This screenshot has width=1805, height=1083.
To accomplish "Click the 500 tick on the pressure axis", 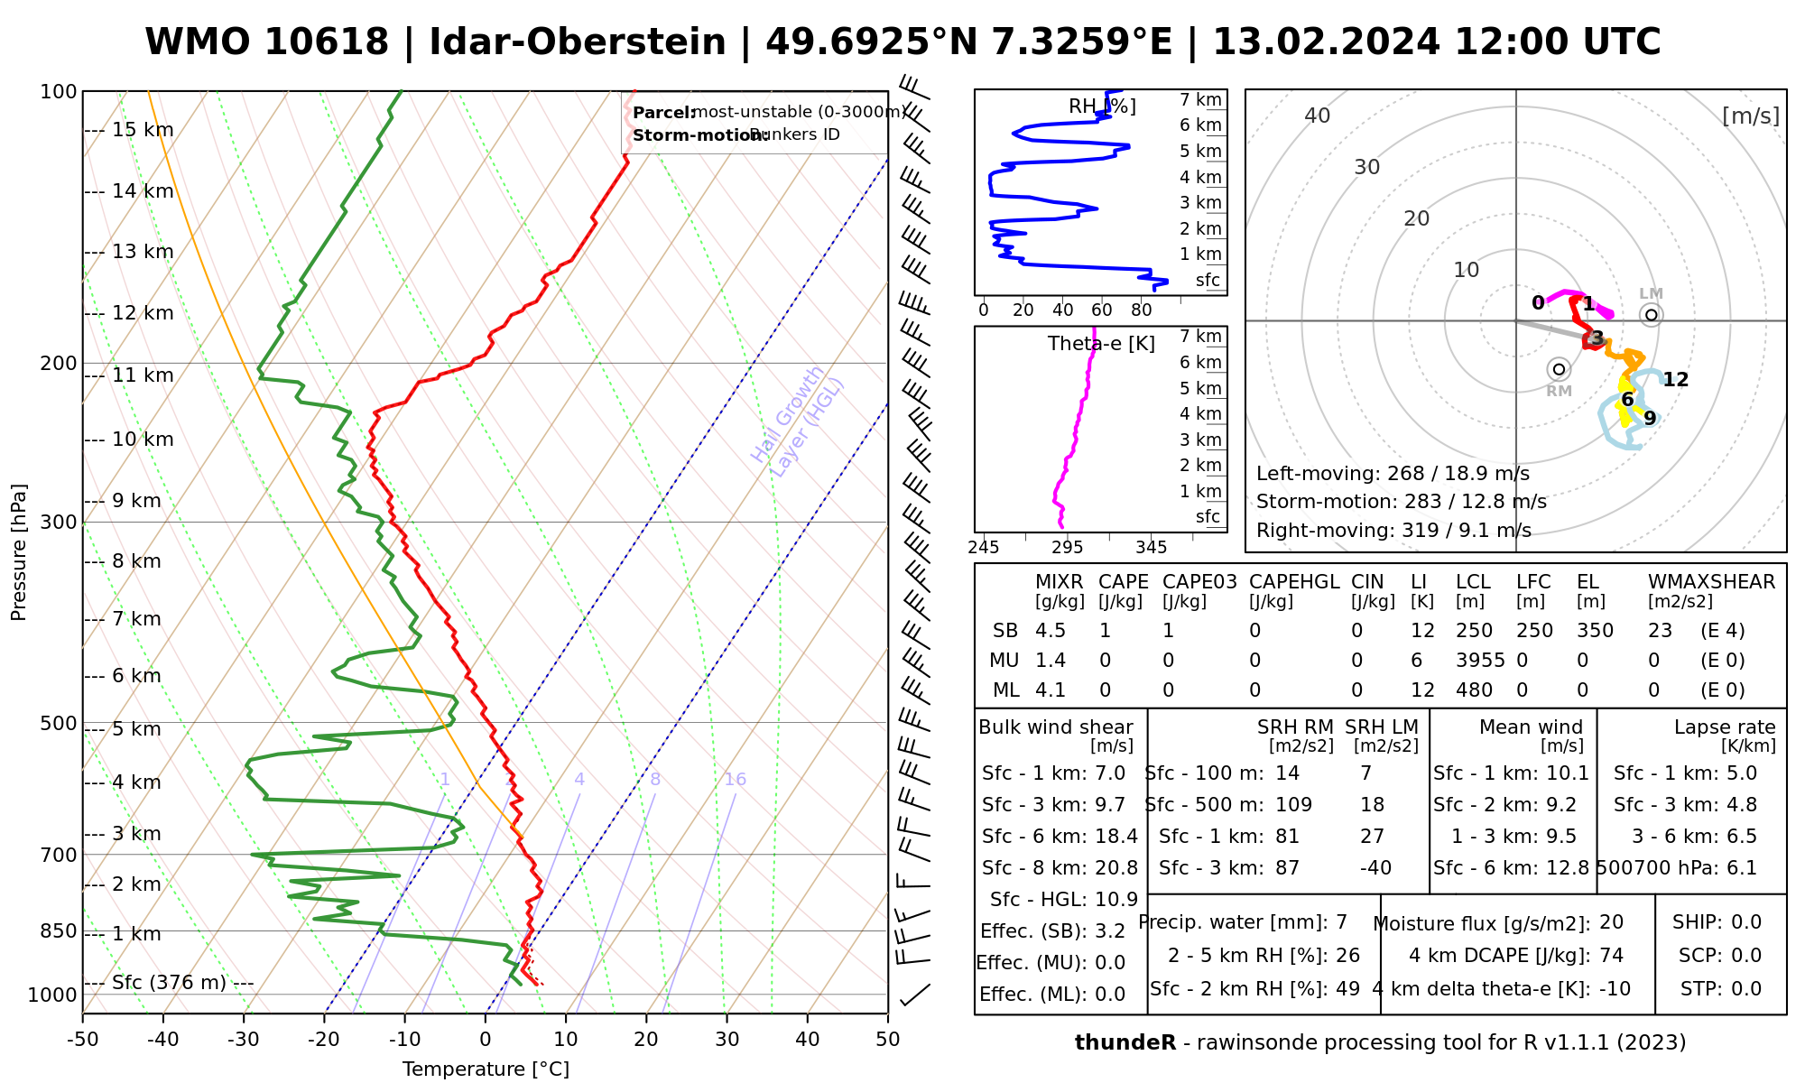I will pyautogui.click(x=59, y=724).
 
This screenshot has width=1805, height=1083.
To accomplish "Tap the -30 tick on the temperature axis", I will pyautogui.click(x=244, y=1040).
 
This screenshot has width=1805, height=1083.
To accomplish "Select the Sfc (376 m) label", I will pyautogui.click(x=169, y=982).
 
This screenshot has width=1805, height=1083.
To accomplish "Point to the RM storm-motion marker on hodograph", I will pyautogui.click(x=1559, y=369).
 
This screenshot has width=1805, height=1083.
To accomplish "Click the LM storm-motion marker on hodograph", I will pyautogui.click(x=1652, y=315).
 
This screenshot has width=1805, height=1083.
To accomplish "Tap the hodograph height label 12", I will pyautogui.click(x=1676, y=380).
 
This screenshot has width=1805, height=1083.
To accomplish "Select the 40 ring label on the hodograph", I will pyautogui.click(x=1318, y=116).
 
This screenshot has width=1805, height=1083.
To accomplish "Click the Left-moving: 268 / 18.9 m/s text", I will pyautogui.click(x=1393, y=474).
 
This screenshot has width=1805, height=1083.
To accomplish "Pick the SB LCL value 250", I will pyautogui.click(x=1474, y=631).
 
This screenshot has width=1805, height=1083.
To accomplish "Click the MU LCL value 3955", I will pyautogui.click(x=1480, y=661).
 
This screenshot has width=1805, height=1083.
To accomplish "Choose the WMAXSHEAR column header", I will pyautogui.click(x=1711, y=582).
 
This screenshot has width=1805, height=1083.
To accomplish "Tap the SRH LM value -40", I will pyautogui.click(x=1375, y=868).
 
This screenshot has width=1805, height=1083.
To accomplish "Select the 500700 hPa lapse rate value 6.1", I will pyautogui.click(x=1741, y=868).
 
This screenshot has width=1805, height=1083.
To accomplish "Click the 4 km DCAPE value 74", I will pyautogui.click(x=1611, y=956).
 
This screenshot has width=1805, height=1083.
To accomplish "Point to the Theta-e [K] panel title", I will pyautogui.click(x=1101, y=344).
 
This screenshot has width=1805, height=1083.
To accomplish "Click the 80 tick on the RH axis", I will pyautogui.click(x=1142, y=310).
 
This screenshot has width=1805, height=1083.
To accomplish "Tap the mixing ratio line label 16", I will pyautogui.click(x=736, y=780).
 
